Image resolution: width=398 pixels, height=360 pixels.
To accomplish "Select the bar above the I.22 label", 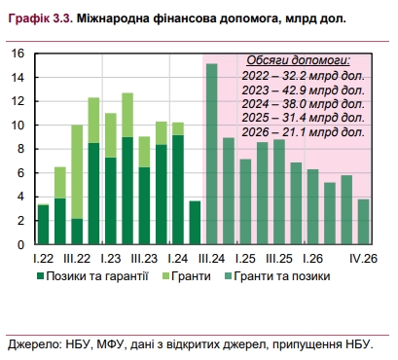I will [x=43, y=225].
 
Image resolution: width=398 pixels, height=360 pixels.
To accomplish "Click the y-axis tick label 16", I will [x=17, y=54].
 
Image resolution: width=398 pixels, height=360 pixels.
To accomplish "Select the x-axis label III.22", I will [x=77, y=259].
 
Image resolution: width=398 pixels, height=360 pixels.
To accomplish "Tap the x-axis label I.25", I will [x=244, y=259].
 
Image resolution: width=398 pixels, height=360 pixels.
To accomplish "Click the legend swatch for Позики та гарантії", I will [x=43, y=277].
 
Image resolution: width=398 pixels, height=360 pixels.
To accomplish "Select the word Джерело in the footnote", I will [x=35, y=343].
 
